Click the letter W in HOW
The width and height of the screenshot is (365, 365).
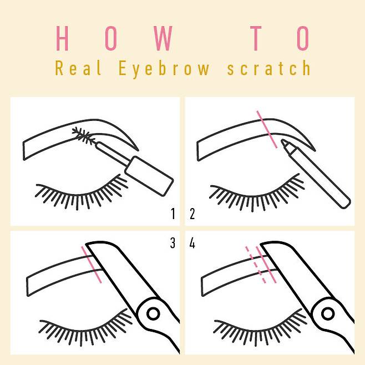[x=164, y=38]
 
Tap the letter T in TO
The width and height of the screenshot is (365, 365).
[x=256, y=38]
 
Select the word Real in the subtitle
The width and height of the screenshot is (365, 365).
[x=78, y=68]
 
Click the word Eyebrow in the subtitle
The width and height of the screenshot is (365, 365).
[x=164, y=69]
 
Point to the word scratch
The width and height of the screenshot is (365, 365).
[x=268, y=68]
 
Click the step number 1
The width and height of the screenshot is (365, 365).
[x=173, y=214]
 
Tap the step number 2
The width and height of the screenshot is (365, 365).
[x=192, y=214]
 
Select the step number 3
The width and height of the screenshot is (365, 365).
[x=173, y=243]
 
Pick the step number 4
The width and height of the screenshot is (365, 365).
[x=192, y=243]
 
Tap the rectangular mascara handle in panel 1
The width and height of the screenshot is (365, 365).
[x=149, y=176]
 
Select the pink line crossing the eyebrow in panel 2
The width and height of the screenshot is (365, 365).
[x=267, y=129]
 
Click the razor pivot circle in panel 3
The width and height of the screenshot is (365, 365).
[x=153, y=313]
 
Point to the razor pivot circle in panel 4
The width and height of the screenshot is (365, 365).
[x=328, y=313]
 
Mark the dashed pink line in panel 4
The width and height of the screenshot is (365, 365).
[x=255, y=265]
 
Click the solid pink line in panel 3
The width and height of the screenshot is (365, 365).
[x=91, y=265]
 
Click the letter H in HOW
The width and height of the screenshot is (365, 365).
[x=62, y=38]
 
